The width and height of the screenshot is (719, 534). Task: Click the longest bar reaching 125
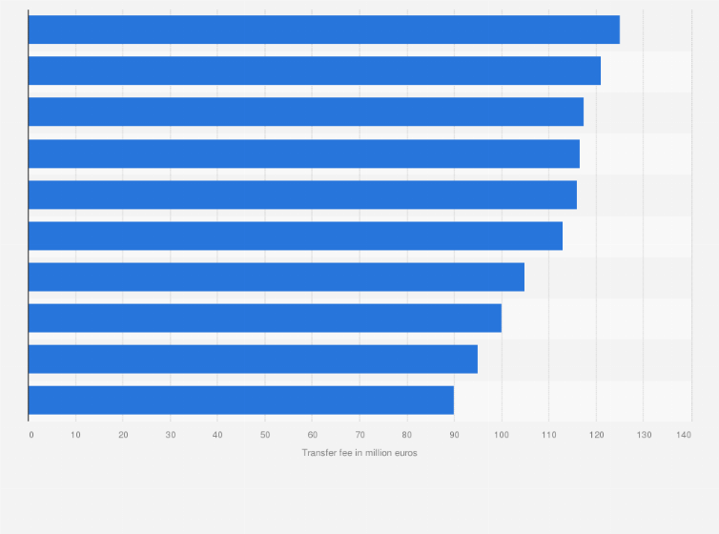click(324, 30)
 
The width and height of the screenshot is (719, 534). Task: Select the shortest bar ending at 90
click(241, 400)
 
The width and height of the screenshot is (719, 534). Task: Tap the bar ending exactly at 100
click(265, 318)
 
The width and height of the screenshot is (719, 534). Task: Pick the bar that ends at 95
click(253, 359)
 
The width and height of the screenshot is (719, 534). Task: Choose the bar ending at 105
click(277, 277)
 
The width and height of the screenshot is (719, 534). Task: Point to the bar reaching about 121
click(315, 71)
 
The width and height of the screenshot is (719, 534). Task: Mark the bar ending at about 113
click(296, 236)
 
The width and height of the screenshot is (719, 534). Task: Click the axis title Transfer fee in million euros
click(359, 453)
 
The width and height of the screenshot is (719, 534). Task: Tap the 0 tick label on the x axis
click(31, 435)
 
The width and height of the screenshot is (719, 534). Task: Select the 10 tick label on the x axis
click(76, 435)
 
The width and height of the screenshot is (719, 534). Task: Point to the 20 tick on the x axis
click(123, 435)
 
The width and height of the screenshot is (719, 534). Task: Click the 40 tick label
click(217, 435)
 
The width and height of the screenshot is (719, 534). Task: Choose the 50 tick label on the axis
click(265, 435)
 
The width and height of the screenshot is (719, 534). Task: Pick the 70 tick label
click(359, 435)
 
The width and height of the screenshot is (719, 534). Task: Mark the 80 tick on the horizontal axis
click(407, 435)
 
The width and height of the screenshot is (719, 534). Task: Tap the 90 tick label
click(454, 435)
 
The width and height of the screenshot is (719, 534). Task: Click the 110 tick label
click(548, 435)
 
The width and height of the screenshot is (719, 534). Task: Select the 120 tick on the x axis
click(596, 435)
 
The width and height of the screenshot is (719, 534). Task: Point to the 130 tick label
click(643, 435)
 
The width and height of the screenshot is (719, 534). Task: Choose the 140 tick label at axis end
click(684, 435)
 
